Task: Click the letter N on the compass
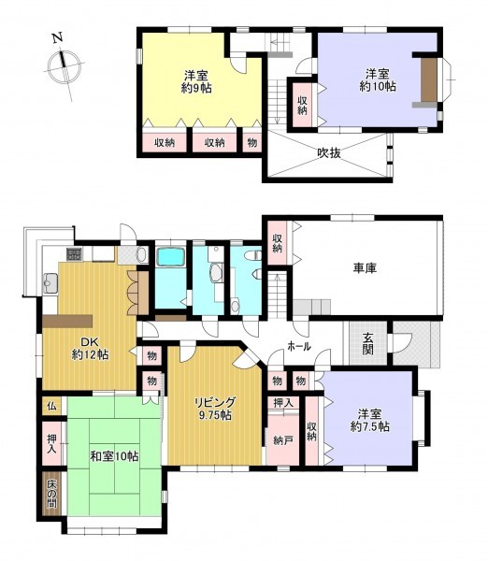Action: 58,37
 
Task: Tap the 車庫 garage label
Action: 365,268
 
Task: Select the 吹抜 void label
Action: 329,153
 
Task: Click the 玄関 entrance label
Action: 368,344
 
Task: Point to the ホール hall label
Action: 299,346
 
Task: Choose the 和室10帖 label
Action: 114,456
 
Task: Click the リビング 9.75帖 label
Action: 215,409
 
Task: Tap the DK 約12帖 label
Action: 90,348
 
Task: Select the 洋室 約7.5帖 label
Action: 369,421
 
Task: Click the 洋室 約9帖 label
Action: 196,81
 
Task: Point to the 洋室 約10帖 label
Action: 378,80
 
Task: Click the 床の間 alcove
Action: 51,494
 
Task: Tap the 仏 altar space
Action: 51,406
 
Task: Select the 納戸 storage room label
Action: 283,440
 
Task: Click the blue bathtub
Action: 171,257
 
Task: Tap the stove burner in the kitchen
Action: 75,254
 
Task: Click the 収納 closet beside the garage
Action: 277,243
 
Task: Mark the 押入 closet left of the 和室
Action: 52,443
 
